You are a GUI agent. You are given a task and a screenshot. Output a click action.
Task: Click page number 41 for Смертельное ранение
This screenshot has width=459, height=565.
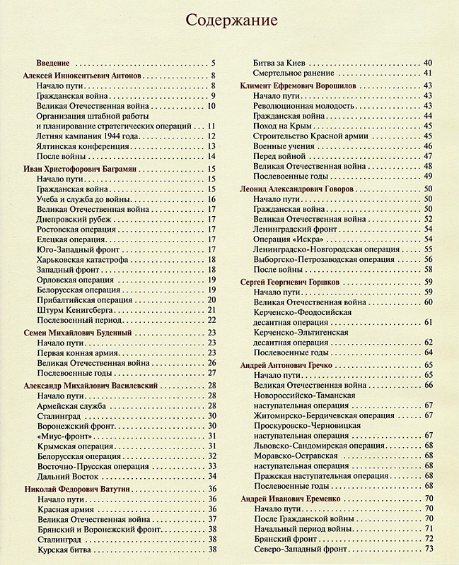tap(428, 73)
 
